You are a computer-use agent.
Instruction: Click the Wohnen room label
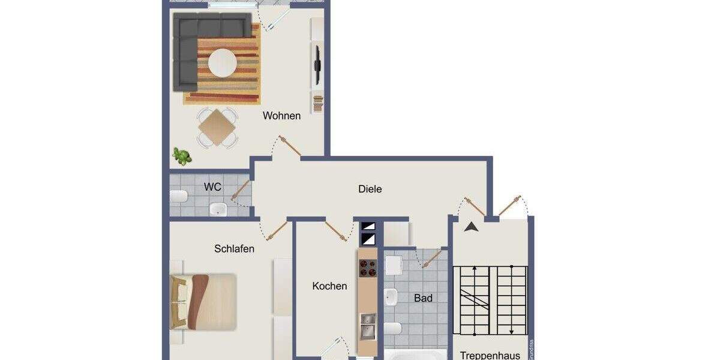[281, 116]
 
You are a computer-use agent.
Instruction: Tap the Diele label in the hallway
[370, 189]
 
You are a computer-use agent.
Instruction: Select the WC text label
[212, 187]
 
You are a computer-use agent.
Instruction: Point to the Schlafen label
[234, 248]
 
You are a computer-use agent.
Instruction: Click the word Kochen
[329, 286]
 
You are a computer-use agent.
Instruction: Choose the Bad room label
[423, 298]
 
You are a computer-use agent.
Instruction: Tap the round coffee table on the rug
[223, 62]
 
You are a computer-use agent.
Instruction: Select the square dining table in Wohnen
[217, 127]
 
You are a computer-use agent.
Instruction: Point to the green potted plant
[182, 157]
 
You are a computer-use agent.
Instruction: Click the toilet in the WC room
[178, 196]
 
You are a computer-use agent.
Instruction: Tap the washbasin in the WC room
[217, 209]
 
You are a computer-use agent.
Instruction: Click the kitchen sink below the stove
[368, 326]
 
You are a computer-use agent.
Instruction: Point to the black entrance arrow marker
[472, 227]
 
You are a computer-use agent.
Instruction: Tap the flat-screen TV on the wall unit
[317, 64]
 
